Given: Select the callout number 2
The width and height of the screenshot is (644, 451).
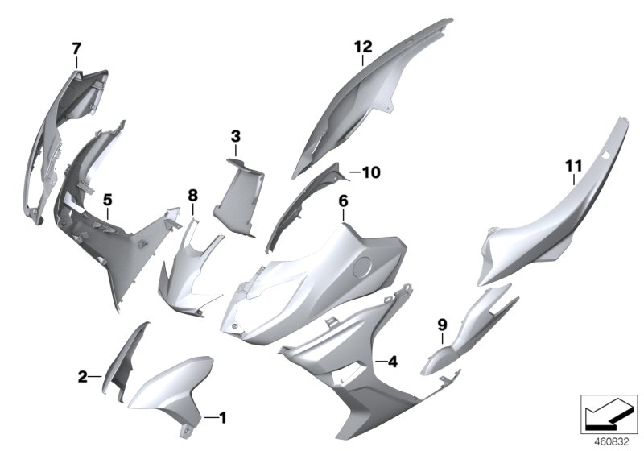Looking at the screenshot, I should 83,375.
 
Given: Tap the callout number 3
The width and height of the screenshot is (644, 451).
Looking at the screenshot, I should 235,137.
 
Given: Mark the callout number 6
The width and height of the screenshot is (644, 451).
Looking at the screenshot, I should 343,201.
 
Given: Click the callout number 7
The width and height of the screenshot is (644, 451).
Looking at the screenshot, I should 76,48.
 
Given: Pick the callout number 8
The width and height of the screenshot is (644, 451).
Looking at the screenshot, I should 192,195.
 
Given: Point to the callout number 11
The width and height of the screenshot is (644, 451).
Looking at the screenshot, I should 572,167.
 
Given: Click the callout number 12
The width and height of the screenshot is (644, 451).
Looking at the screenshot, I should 362,48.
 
